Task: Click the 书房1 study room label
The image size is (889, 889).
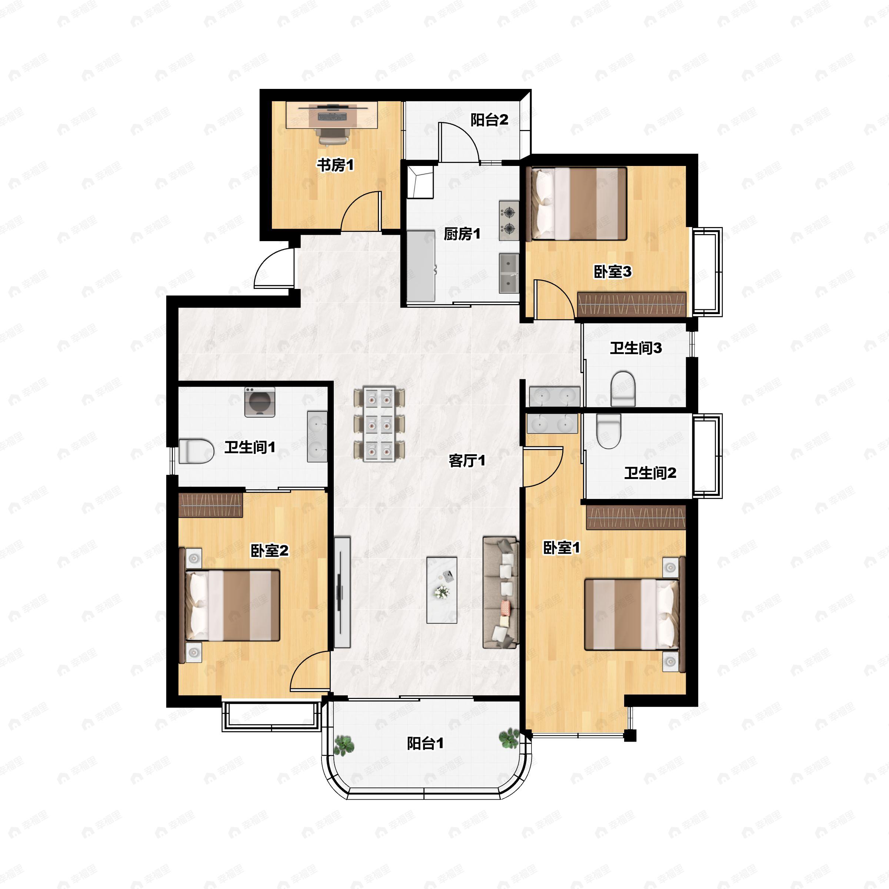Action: pyautogui.click(x=336, y=165)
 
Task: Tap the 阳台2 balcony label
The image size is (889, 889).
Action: pyautogui.click(x=489, y=120)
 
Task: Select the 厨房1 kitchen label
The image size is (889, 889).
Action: pyautogui.click(x=462, y=234)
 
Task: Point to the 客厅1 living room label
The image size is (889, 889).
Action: pyautogui.click(x=467, y=460)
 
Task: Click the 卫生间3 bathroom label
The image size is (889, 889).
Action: pyautogui.click(x=636, y=348)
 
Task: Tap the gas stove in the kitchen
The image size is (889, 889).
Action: pyautogui.click(x=509, y=220)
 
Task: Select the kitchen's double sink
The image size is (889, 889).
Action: pyautogui.click(x=509, y=273)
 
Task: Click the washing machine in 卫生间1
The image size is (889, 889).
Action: pyautogui.click(x=260, y=402)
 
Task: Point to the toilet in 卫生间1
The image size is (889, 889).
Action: pyautogui.click(x=196, y=451)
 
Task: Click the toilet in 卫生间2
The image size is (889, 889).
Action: pyautogui.click(x=609, y=431)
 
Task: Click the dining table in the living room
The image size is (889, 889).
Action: pyautogui.click(x=380, y=424)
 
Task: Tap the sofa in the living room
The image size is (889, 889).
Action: pyautogui.click(x=501, y=593)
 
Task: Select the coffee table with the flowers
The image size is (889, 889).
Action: pyautogui.click(x=442, y=590)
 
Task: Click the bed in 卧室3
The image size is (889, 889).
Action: pyautogui.click(x=579, y=203)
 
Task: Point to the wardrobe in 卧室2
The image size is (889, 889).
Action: pyautogui.click(x=210, y=505)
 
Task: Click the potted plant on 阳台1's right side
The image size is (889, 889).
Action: pyautogui.click(x=509, y=738)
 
